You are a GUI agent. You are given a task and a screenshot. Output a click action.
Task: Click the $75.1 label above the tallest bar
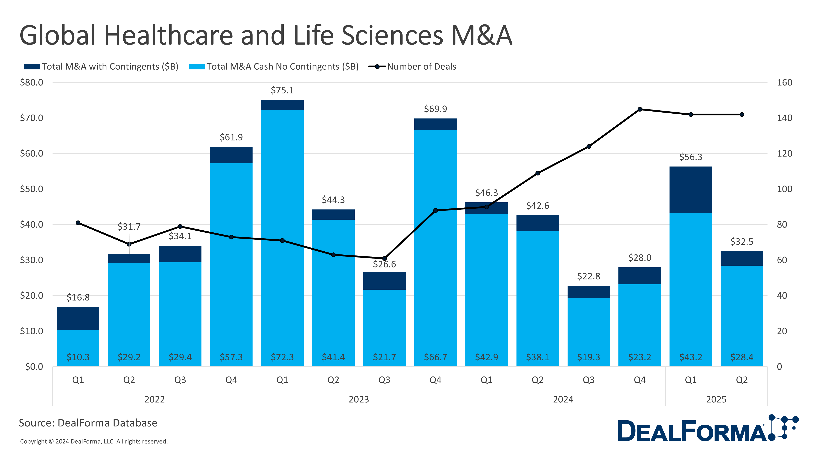pyautogui.click(x=282, y=90)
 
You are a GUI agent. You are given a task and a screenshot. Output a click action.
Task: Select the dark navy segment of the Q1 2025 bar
pyautogui.click(x=690, y=190)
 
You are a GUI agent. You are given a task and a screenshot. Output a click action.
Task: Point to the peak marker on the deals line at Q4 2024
pyautogui.click(x=640, y=109)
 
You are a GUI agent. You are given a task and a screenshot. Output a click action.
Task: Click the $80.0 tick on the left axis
pyautogui.click(x=32, y=82)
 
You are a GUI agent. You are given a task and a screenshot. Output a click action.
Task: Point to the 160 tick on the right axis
pyautogui.click(x=784, y=82)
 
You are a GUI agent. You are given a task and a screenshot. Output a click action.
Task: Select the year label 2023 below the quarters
pyautogui.click(x=359, y=400)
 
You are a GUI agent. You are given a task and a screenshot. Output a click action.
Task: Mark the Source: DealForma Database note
pyautogui.click(x=88, y=423)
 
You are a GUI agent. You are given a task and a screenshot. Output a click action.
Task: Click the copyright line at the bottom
pyautogui.click(x=94, y=441)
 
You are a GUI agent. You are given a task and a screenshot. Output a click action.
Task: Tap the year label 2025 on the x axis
pyautogui.click(x=716, y=400)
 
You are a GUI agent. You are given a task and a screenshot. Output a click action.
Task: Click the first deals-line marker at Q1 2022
pyautogui.click(x=78, y=223)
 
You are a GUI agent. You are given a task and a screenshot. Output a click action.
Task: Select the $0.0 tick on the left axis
pyautogui.click(x=34, y=367)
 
